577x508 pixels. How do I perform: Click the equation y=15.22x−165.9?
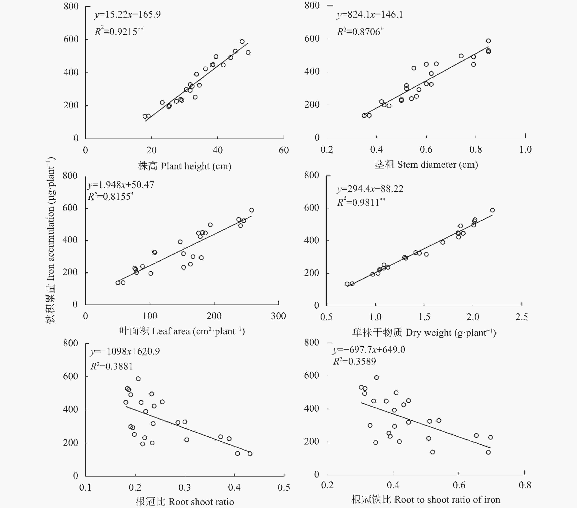click(128, 15)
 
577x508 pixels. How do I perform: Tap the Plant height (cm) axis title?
click(185, 166)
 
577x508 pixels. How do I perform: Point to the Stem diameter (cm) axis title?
click(426, 165)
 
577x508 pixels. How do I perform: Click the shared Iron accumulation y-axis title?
click(51, 240)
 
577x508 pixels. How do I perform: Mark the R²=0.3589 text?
click(355, 361)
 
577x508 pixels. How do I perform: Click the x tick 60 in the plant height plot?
click(284, 150)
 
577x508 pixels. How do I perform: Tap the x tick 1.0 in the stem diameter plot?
click(525, 150)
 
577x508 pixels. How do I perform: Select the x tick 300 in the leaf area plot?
click(278, 316)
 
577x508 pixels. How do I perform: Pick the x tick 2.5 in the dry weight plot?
click(521, 317)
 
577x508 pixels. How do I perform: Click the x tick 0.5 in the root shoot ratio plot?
click(284, 487)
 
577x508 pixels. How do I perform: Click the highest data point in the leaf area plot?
click(251, 210)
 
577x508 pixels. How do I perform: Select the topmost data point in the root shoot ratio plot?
click(138, 379)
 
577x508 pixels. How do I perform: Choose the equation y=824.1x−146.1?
click(370, 15)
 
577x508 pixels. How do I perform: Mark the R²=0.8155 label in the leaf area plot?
click(111, 196)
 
